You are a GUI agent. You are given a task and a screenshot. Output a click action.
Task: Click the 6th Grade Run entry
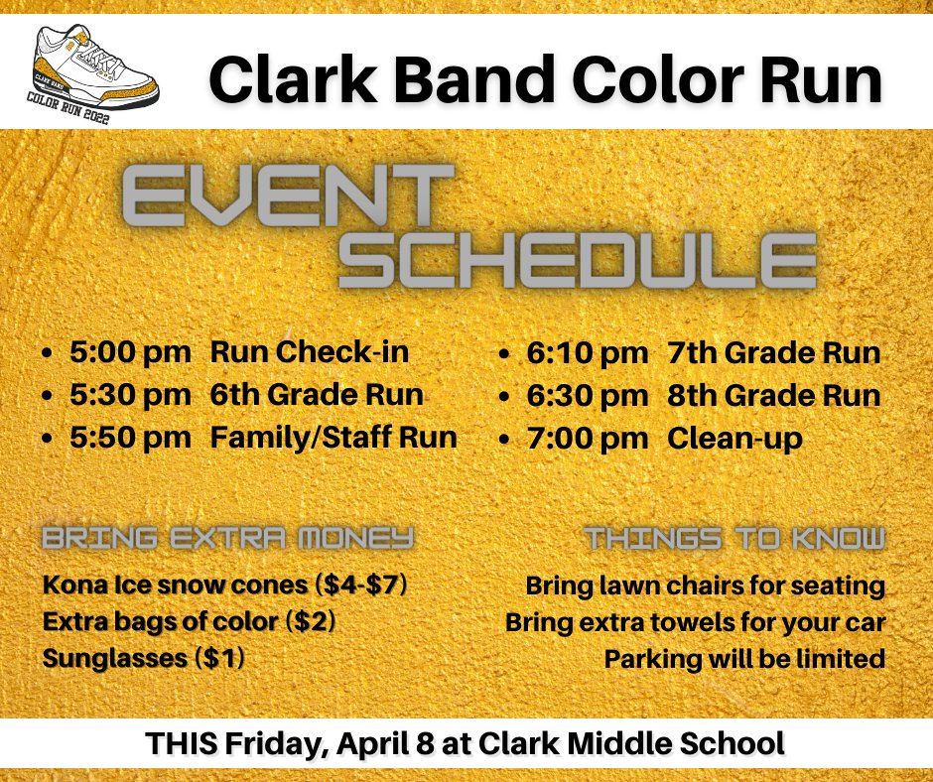coord(317,395)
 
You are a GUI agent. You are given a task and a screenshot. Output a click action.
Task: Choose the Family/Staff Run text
coord(333,438)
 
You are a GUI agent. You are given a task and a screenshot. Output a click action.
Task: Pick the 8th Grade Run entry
coord(773,396)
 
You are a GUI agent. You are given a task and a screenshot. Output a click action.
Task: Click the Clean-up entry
coord(734,439)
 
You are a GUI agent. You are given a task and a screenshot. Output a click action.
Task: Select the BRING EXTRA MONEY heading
coord(227,539)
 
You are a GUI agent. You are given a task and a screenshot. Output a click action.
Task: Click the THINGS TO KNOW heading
coord(733,539)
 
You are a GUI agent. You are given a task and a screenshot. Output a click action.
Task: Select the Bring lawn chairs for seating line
coord(705,586)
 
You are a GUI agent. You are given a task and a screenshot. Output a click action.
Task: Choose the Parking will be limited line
coord(744,659)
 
